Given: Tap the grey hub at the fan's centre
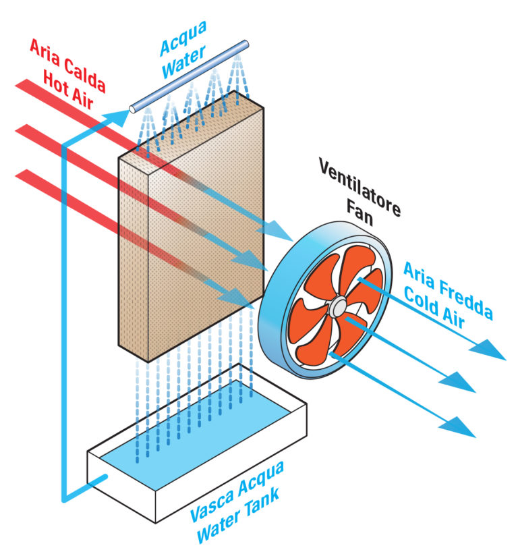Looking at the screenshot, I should click(x=337, y=308).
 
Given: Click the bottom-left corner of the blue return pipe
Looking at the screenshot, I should click(x=63, y=500).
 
